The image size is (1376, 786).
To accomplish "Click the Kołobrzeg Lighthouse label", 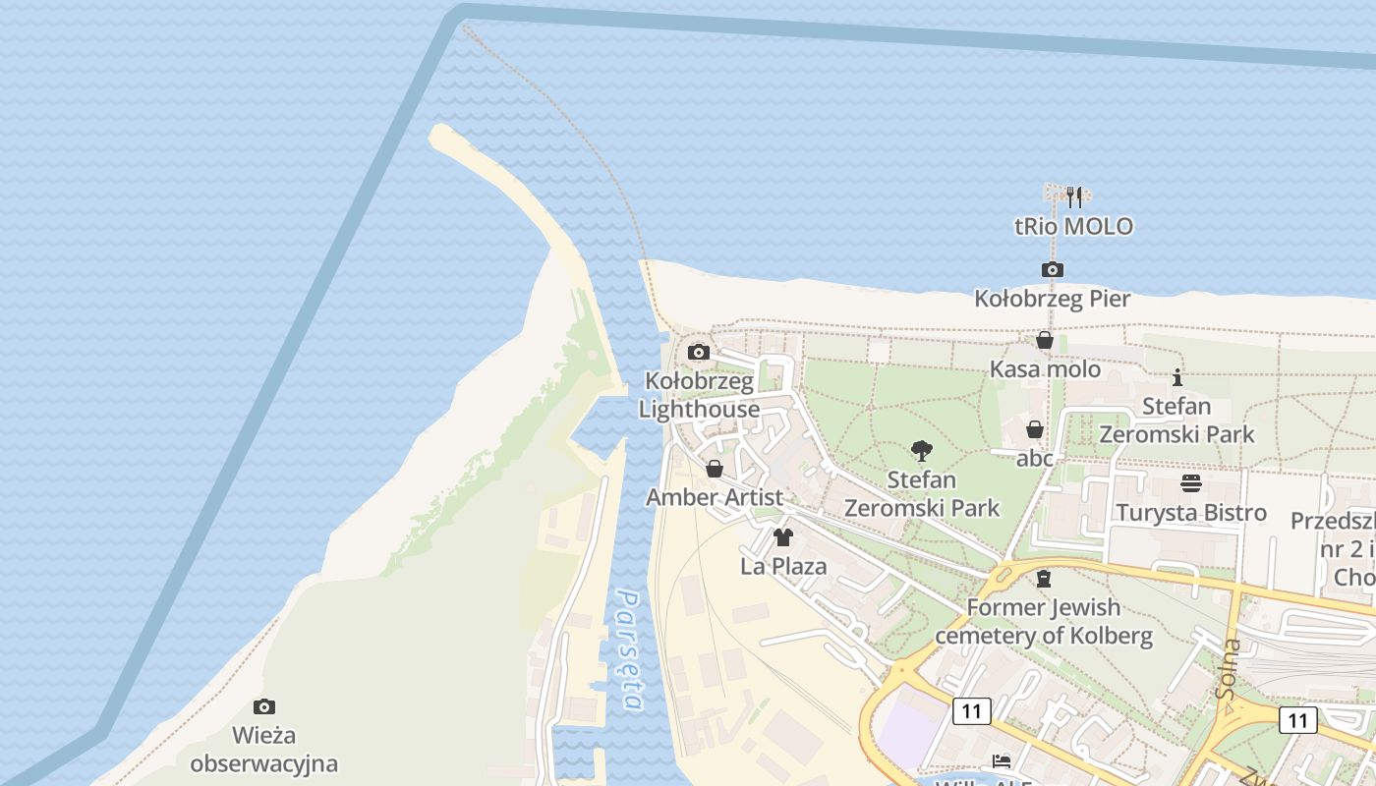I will pyautogui.click(x=699, y=395).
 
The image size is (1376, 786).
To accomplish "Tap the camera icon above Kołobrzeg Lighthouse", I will pyautogui.click(x=699, y=352).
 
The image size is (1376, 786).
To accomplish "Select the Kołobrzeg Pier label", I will pyautogui.click(x=1052, y=299).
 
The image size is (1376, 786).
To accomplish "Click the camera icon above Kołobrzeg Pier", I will pyautogui.click(x=1052, y=269).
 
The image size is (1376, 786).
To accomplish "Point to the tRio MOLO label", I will pyautogui.click(x=1073, y=227).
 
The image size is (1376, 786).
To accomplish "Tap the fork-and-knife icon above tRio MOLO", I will pyautogui.click(x=1074, y=196).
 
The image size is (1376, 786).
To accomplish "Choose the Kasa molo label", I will pyautogui.click(x=1045, y=369).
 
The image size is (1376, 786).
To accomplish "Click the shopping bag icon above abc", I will pyautogui.click(x=1034, y=429).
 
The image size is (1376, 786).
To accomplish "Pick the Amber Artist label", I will pyautogui.click(x=715, y=497).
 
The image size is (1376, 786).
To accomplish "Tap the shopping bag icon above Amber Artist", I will pyautogui.click(x=715, y=469).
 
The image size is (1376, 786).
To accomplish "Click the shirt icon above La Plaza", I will pyautogui.click(x=783, y=537).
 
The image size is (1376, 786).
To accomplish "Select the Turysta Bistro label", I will pyautogui.click(x=1190, y=513).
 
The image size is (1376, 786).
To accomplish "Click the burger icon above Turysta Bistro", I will pyautogui.click(x=1191, y=483).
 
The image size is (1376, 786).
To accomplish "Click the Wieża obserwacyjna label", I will pyautogui.click(x=263, y=749).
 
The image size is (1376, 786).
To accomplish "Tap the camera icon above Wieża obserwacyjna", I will pyautogui.click(x=263, y=706).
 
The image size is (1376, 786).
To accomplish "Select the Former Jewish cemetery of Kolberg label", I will pyautogui.click(x=1043, y=621).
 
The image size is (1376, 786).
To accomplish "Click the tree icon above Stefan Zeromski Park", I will pyautogui.click(x=921, y=451).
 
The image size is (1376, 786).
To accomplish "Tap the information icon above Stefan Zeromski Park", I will pyautogui.click(x=1177, y=377).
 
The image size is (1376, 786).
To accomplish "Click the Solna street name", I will pyautogui.click(x=1228, y=668).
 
